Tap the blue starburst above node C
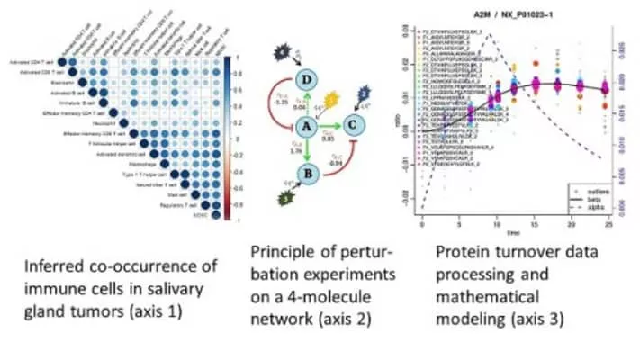pos(365,94)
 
